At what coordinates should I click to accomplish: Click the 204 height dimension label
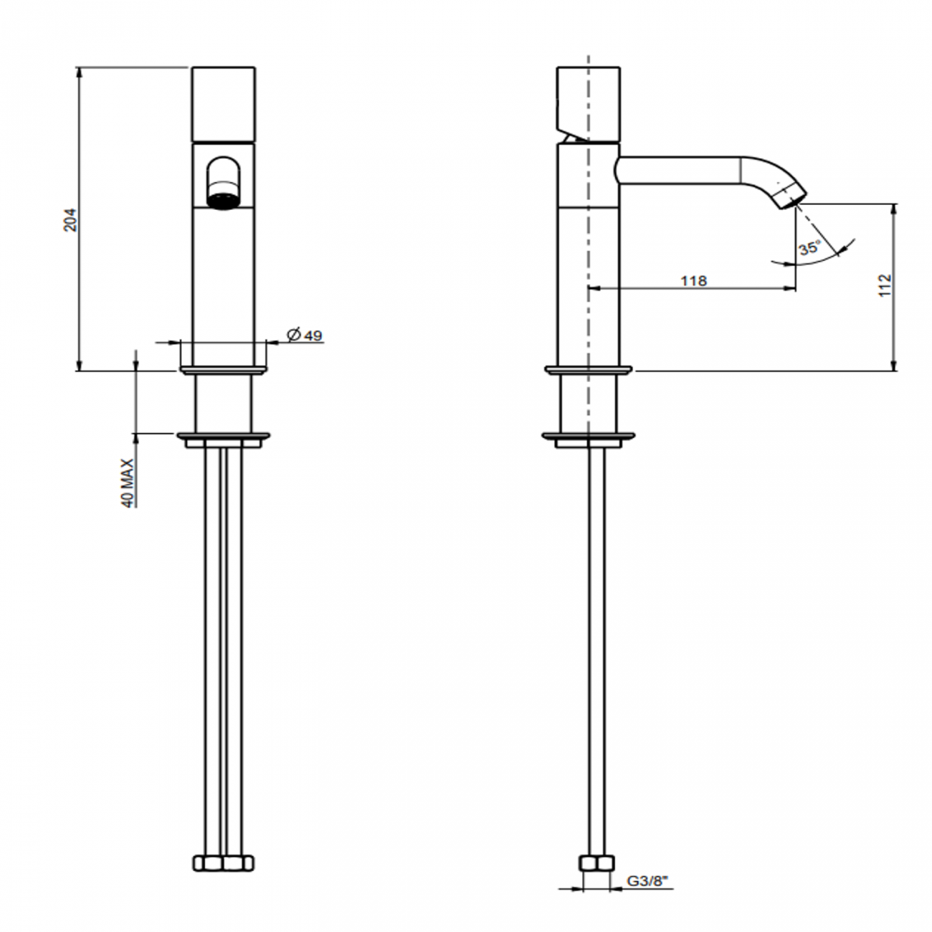(70, 219)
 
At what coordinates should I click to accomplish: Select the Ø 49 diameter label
(305, 335)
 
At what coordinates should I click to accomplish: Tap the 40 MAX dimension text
(128, 483)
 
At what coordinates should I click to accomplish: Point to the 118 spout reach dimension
(693, 280)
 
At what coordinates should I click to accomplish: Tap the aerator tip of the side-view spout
(791, 195)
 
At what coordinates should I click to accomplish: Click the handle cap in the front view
(224, 104)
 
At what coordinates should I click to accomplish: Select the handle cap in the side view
(589, 100)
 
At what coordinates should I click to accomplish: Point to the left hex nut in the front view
(209, 862)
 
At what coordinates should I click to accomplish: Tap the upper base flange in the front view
(224, 370)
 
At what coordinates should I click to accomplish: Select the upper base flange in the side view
(589, 370)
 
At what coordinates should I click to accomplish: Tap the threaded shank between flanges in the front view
(224, 402)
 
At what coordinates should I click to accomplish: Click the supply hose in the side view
(596, 645)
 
